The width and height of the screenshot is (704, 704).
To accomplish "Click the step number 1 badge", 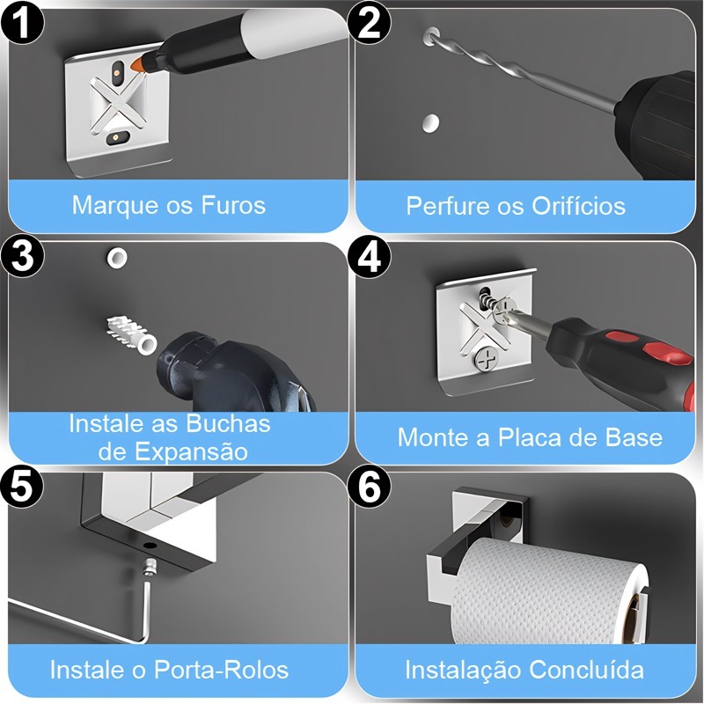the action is click(22, 24).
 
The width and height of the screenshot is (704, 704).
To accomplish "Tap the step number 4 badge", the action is click(369, 257).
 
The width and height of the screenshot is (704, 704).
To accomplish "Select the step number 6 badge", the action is click(369, 488).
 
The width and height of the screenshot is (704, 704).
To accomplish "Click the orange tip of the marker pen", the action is click(136, 64).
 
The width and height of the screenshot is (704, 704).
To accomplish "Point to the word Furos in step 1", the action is click(233, 205).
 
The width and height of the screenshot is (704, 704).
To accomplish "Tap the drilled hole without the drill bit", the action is click(430, 122).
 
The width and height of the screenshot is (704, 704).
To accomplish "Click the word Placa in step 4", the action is click(526, 437).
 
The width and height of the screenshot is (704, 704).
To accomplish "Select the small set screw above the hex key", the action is click(149, 567).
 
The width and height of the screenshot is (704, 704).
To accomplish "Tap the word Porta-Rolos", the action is click(221, 670).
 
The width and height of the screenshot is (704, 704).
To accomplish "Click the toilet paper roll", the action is click(550, 590).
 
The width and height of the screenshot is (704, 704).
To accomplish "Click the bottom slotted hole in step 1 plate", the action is click(116, 136).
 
